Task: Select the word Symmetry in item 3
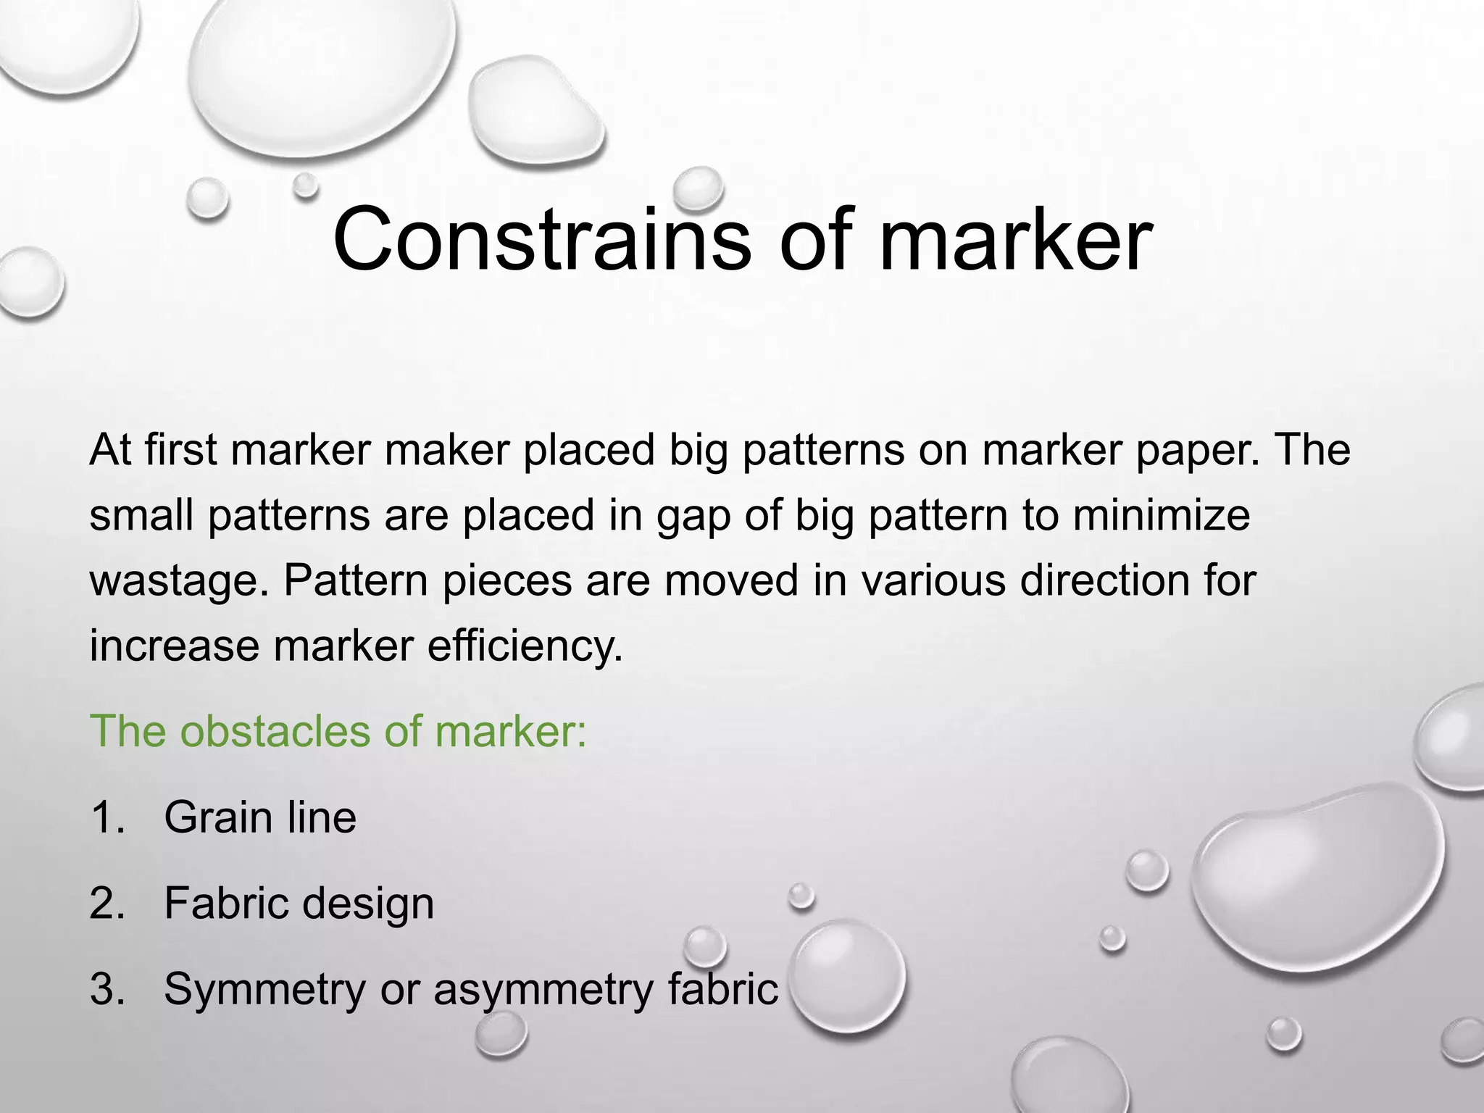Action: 264,991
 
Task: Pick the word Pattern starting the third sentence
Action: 355,580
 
